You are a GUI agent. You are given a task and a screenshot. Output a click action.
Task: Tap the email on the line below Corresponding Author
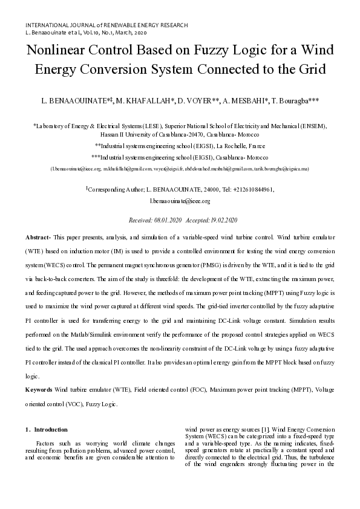pos(180,201)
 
